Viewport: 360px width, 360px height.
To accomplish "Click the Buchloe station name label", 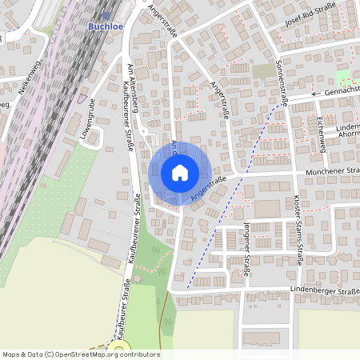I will click(104, 26).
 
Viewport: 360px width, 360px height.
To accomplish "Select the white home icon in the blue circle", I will click(180, 172).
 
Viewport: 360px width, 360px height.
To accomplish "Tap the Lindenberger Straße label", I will click(328, 290).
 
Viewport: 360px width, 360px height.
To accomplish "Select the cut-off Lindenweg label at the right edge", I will click(348, 127).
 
